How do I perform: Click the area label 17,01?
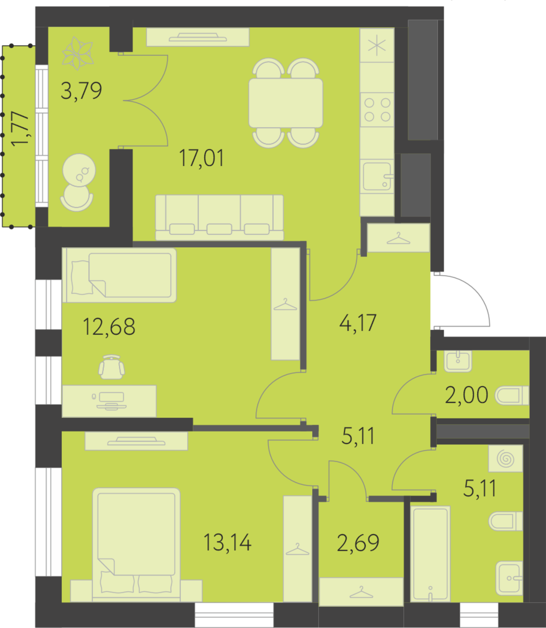click(201, 158)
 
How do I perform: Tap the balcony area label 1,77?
click(20, 129)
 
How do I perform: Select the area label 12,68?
click(109, 327)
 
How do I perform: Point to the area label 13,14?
click(227, 542)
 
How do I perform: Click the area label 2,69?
click(358, 543)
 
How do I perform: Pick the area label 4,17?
click(358, 323)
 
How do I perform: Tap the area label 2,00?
click(466, 395)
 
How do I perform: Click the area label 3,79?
click(81, 91)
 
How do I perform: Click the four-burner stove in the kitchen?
click(377, 110)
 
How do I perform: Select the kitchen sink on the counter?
click(377, 176)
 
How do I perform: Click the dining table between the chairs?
click(286, 103)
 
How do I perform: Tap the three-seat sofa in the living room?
click(219, 217)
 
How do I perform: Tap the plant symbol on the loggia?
click(78, 53)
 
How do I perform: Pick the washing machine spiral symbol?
click(506, 459)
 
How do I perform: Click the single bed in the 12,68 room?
click(119, 275)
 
